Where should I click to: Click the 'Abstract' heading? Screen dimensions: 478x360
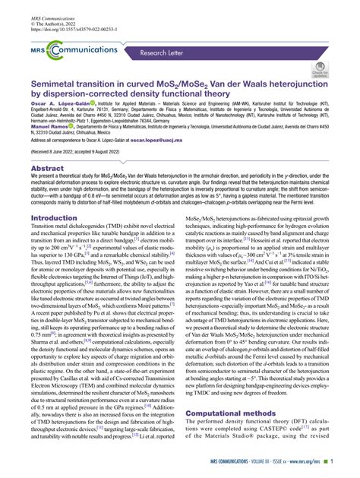pos(47,169)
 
